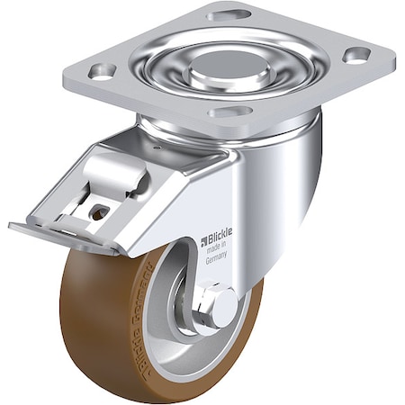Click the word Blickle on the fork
click(x=219, y=238)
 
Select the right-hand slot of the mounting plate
click(x=356, y=55)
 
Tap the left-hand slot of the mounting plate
click(x=101, y=71)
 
